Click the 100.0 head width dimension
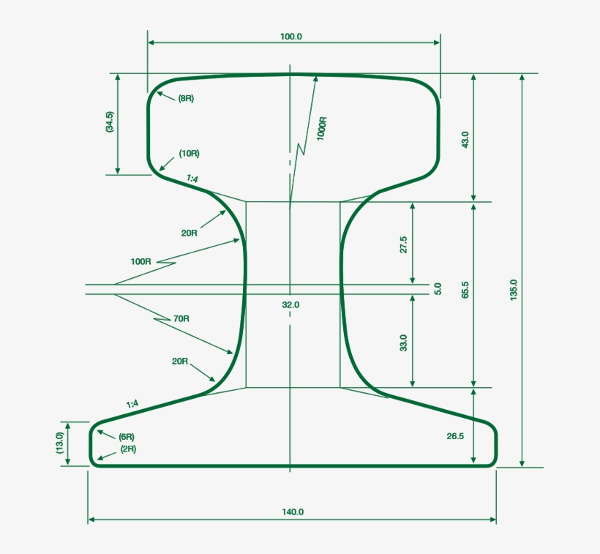point(290,37)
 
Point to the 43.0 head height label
point(465,140)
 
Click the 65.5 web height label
point(465,289)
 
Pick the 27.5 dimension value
point(403,245)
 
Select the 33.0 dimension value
point(403,342)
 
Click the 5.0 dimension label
point(438,289)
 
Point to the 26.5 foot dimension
point(455,436)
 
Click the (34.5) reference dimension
point(109,121)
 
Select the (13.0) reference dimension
point(60,443)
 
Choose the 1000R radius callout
point(321,129)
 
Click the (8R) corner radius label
point(186,98)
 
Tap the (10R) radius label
point(189,154)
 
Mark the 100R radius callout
point(140,261)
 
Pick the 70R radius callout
point(181,319)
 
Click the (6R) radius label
point(126,437)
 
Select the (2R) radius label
point(127,449)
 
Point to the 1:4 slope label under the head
point(192,179)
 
